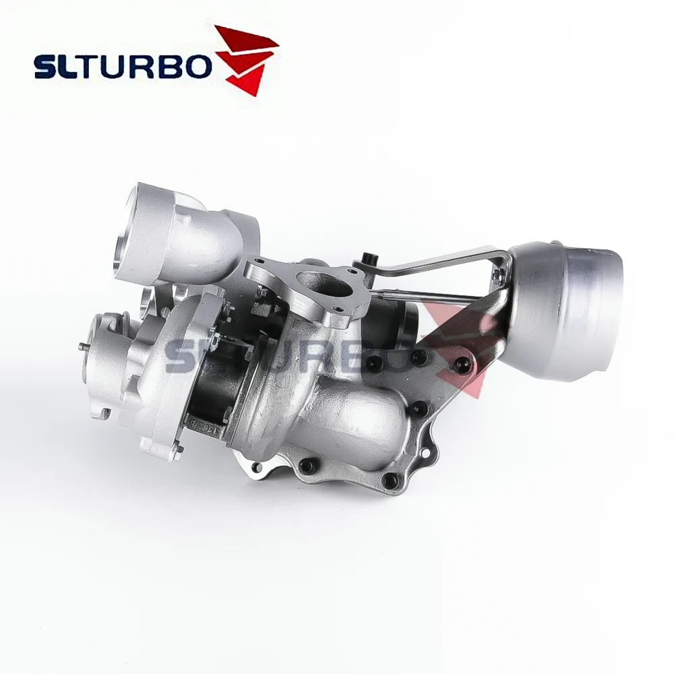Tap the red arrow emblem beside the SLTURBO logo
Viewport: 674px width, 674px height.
tap(247, 59)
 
